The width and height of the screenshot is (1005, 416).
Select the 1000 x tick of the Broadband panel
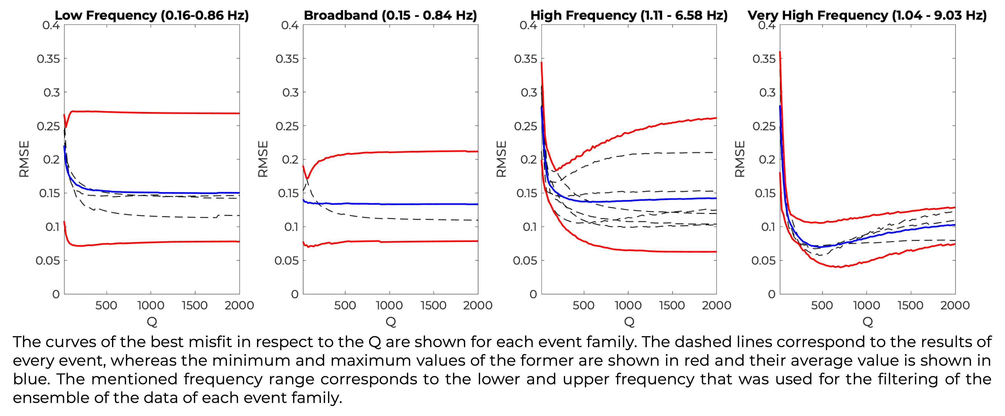point(389,305)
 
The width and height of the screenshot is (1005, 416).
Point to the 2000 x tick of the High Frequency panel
point(716,305)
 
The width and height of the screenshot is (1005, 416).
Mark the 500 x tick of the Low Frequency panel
point(106,305)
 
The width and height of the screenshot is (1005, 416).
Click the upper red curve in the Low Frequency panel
point(152,113)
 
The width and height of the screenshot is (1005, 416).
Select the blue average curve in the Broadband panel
point(390,204)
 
